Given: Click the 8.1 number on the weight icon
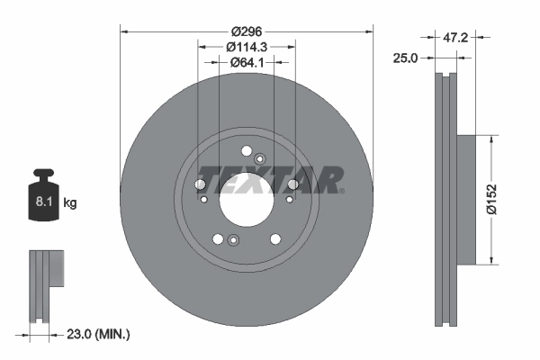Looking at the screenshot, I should coord(43,202).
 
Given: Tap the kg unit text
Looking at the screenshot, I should coord(69,202).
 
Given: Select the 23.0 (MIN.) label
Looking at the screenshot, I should coord(99,334).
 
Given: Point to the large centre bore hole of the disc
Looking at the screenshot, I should coord(247,200).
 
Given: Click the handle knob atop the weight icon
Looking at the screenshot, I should coord(42,174).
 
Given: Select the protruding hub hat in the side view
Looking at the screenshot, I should coord(468,200).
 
